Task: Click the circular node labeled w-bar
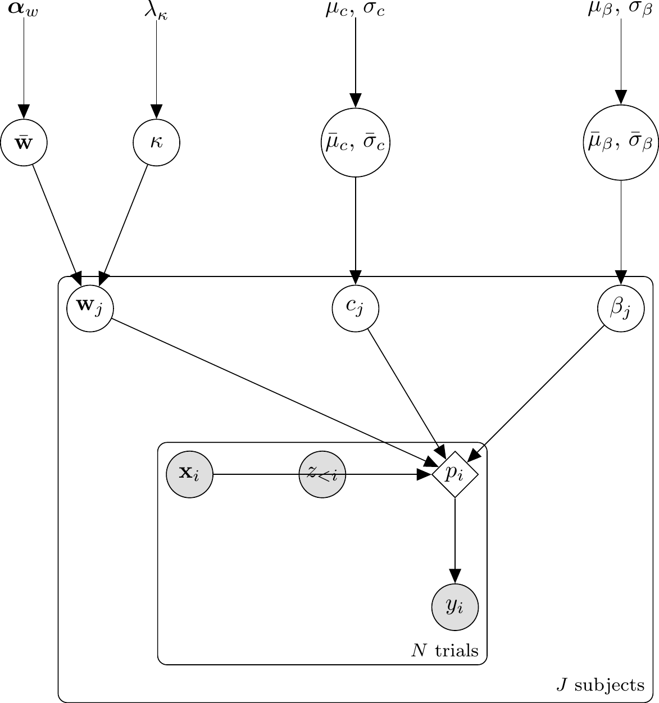coord(24,143)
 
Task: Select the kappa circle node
coord(156,143)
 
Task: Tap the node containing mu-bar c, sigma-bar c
coord(355,143)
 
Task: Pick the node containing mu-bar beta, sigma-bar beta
coord(620,143)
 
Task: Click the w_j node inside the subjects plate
coord(90,308)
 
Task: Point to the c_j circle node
coord(355,308)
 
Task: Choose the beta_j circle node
coord(620,308)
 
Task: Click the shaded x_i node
coord(190,474)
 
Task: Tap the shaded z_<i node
coord(322,474)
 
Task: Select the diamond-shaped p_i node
coord(455,474)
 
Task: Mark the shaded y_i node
coord(455,607)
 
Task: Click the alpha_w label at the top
coord(24,10)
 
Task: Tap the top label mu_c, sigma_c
coord(355,10)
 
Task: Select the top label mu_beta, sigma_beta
coord(620,10)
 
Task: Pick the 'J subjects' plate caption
coord(600,684)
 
